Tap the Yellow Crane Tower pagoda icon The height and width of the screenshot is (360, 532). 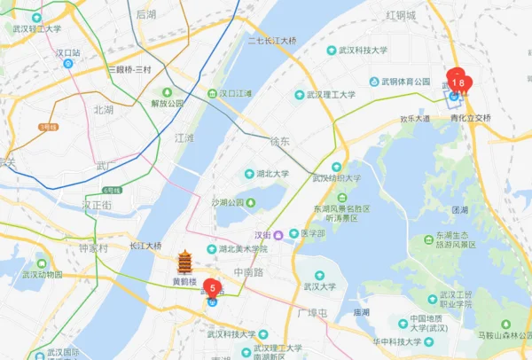pos(184,262)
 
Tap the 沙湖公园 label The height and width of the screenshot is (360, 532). pos(228,202)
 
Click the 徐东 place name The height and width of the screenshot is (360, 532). pos(279,141)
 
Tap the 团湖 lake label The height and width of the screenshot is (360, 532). pos(459,210)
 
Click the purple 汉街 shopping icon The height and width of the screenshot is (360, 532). pos(278,235)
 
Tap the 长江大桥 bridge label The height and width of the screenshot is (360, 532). pos(146,246)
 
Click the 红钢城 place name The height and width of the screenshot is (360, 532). pos(401,16)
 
